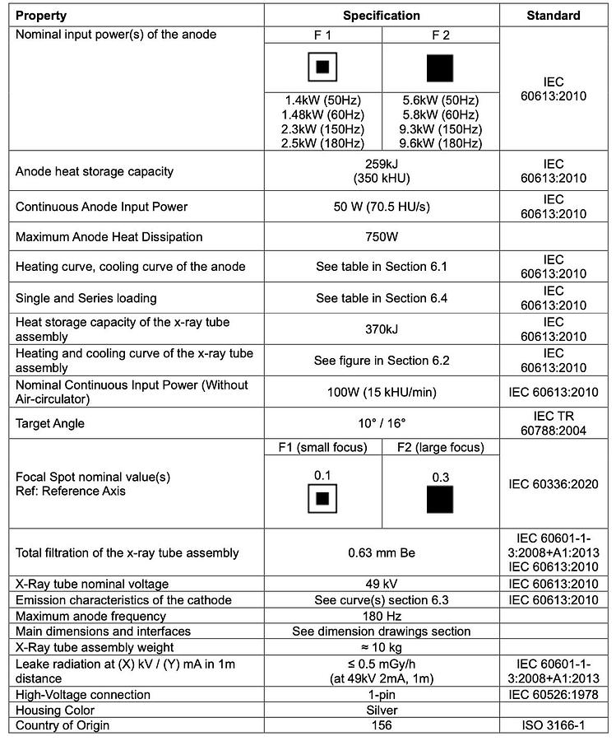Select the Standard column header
[x=553, y=16]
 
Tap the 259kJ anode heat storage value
[x=382, y=165]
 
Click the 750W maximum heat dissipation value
[x=382, y=237]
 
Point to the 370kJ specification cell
[x=382, y=329]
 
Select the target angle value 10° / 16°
[x=382, y=423]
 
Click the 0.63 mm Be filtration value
[x=382, y=552]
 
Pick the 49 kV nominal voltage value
[x=382, y=584]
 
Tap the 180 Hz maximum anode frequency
[x=382, y=616]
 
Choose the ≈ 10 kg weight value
[x=382, y=647]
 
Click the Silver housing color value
[x=382, y=710]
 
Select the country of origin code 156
[x=382, y=725]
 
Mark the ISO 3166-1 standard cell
[x=553, y=725]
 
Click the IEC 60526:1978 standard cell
[x=553, y=694]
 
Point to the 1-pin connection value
[x=382, y=694]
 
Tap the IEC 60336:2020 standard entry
[x=553, y=484]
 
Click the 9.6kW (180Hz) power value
[x=441, y=143]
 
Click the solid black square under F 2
[x=440, y=68]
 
